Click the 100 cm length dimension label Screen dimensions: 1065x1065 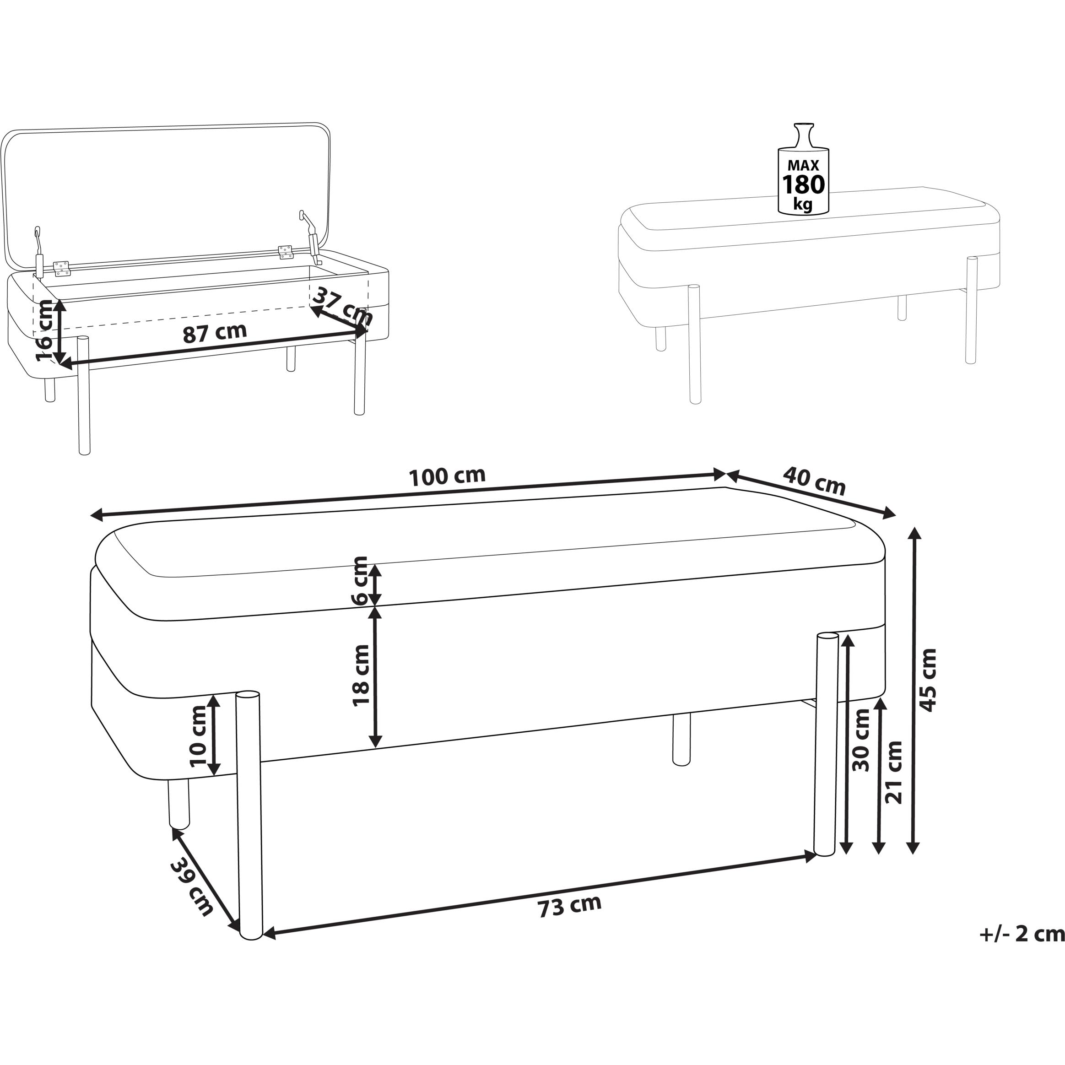[447, 476]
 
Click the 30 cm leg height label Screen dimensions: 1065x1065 [860, 740]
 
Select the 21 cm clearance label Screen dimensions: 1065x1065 [893, 772]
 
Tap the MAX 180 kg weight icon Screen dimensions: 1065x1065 [803, 168]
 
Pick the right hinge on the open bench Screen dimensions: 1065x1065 [285, 252]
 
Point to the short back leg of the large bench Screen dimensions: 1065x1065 [681, 739]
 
